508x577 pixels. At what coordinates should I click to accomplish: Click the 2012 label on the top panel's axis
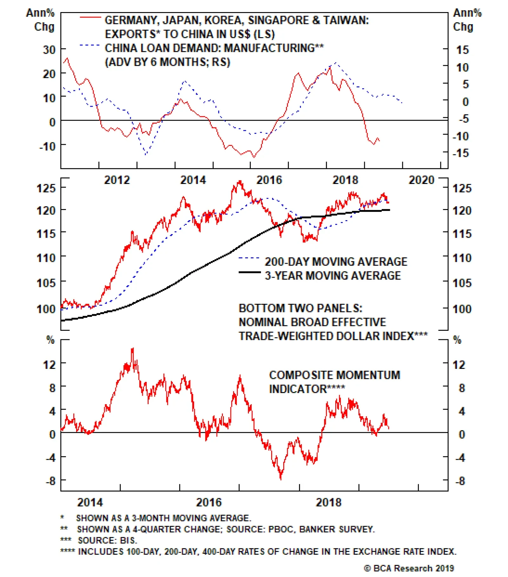(117, 180)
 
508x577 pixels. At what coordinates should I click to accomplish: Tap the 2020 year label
(421, 180)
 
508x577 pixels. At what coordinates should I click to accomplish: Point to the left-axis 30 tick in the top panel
(49, 50)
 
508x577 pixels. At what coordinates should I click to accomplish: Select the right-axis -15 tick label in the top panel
(461, 153)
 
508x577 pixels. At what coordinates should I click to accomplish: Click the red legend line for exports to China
(90, 17)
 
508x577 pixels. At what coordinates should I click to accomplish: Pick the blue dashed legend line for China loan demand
(90, 45)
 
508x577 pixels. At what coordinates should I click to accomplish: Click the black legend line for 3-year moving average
(250, 272)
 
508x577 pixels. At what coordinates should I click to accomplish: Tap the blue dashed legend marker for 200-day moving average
(250, 258)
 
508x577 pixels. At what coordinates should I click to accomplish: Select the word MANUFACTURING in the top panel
(269, 48)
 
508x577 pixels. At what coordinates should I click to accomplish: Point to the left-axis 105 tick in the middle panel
(46, 282)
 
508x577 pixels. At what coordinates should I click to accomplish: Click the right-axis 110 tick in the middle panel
(462, 258)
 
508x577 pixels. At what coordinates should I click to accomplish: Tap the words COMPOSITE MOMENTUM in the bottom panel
(334, 375)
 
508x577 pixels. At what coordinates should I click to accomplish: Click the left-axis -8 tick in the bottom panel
(51, 481)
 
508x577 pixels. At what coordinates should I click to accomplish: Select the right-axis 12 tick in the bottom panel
(459, 364)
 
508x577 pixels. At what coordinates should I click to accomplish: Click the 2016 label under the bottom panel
(209, 502)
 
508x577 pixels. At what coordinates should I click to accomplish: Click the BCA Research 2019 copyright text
(409, 568)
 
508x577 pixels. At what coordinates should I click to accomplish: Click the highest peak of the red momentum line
(133, 349)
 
